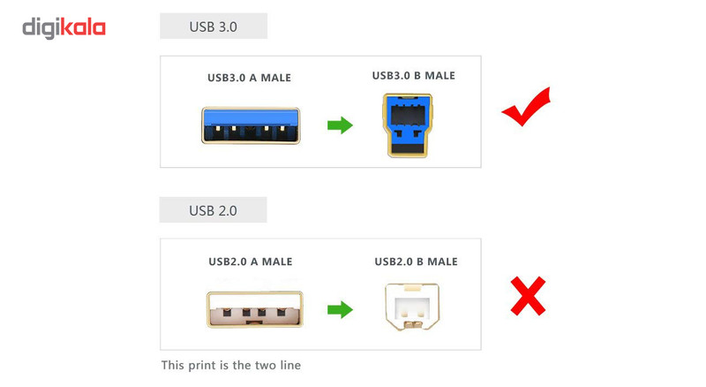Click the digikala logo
[x=64, y=28]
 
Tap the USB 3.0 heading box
[x=214, y=27]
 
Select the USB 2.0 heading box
[x=213, y=209]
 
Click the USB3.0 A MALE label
[x=249, y=78]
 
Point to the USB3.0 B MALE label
[x=413, y=75]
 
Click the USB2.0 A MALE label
[x=251, y=262]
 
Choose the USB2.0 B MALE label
[x=416, y=262]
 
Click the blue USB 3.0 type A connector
[x=251, y=125]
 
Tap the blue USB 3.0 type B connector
[x=408, y=125]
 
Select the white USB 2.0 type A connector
[x=255, y=309]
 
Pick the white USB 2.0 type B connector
[x=412, y=307]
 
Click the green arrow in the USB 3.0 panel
[x=340, y=125]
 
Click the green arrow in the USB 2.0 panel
[x=340, y=309]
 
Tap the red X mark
[x=528, y=296]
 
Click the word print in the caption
[x=202, y=365]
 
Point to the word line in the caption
[x=290, y=365]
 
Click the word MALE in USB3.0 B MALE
[x=439, y=75]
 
